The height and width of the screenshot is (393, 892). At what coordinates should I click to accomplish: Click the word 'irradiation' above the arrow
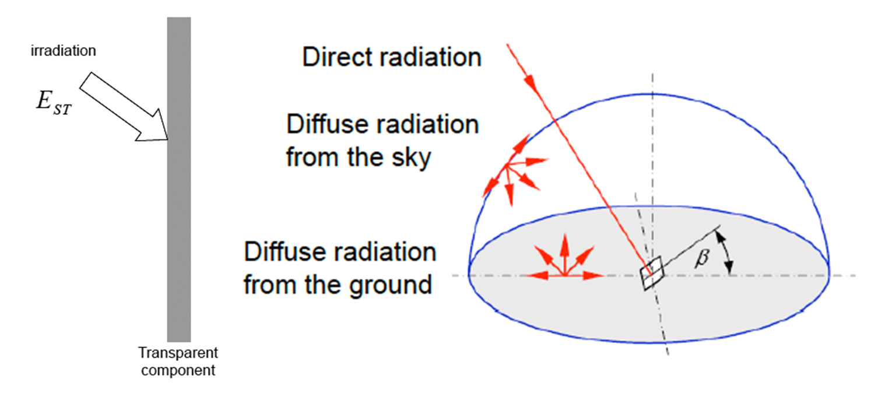[x=64, y=51]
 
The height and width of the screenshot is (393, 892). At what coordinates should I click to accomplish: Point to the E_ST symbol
[x=54, y=103]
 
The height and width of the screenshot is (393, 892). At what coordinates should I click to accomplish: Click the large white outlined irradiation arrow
[x=124, y=107]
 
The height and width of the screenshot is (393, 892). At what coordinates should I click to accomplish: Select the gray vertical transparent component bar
[x=179, y=179]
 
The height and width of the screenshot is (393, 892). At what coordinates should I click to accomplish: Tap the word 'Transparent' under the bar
[x=178, y=352]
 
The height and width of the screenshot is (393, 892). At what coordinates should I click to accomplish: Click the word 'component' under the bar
[x=178, y=370]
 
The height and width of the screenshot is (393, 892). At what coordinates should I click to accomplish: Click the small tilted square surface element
[x=652, y=273]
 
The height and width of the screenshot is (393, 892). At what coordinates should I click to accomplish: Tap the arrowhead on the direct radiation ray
[x=530, y=82]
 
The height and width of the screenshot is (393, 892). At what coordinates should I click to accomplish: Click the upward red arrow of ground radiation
[x=564, y=255]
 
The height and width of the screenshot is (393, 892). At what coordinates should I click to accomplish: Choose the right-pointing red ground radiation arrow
[x=584, y=275]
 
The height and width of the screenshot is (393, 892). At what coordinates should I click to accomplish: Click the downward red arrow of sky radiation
[x=509, y=185]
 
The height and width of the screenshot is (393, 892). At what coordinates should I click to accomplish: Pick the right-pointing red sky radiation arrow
[x=528, y=162]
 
